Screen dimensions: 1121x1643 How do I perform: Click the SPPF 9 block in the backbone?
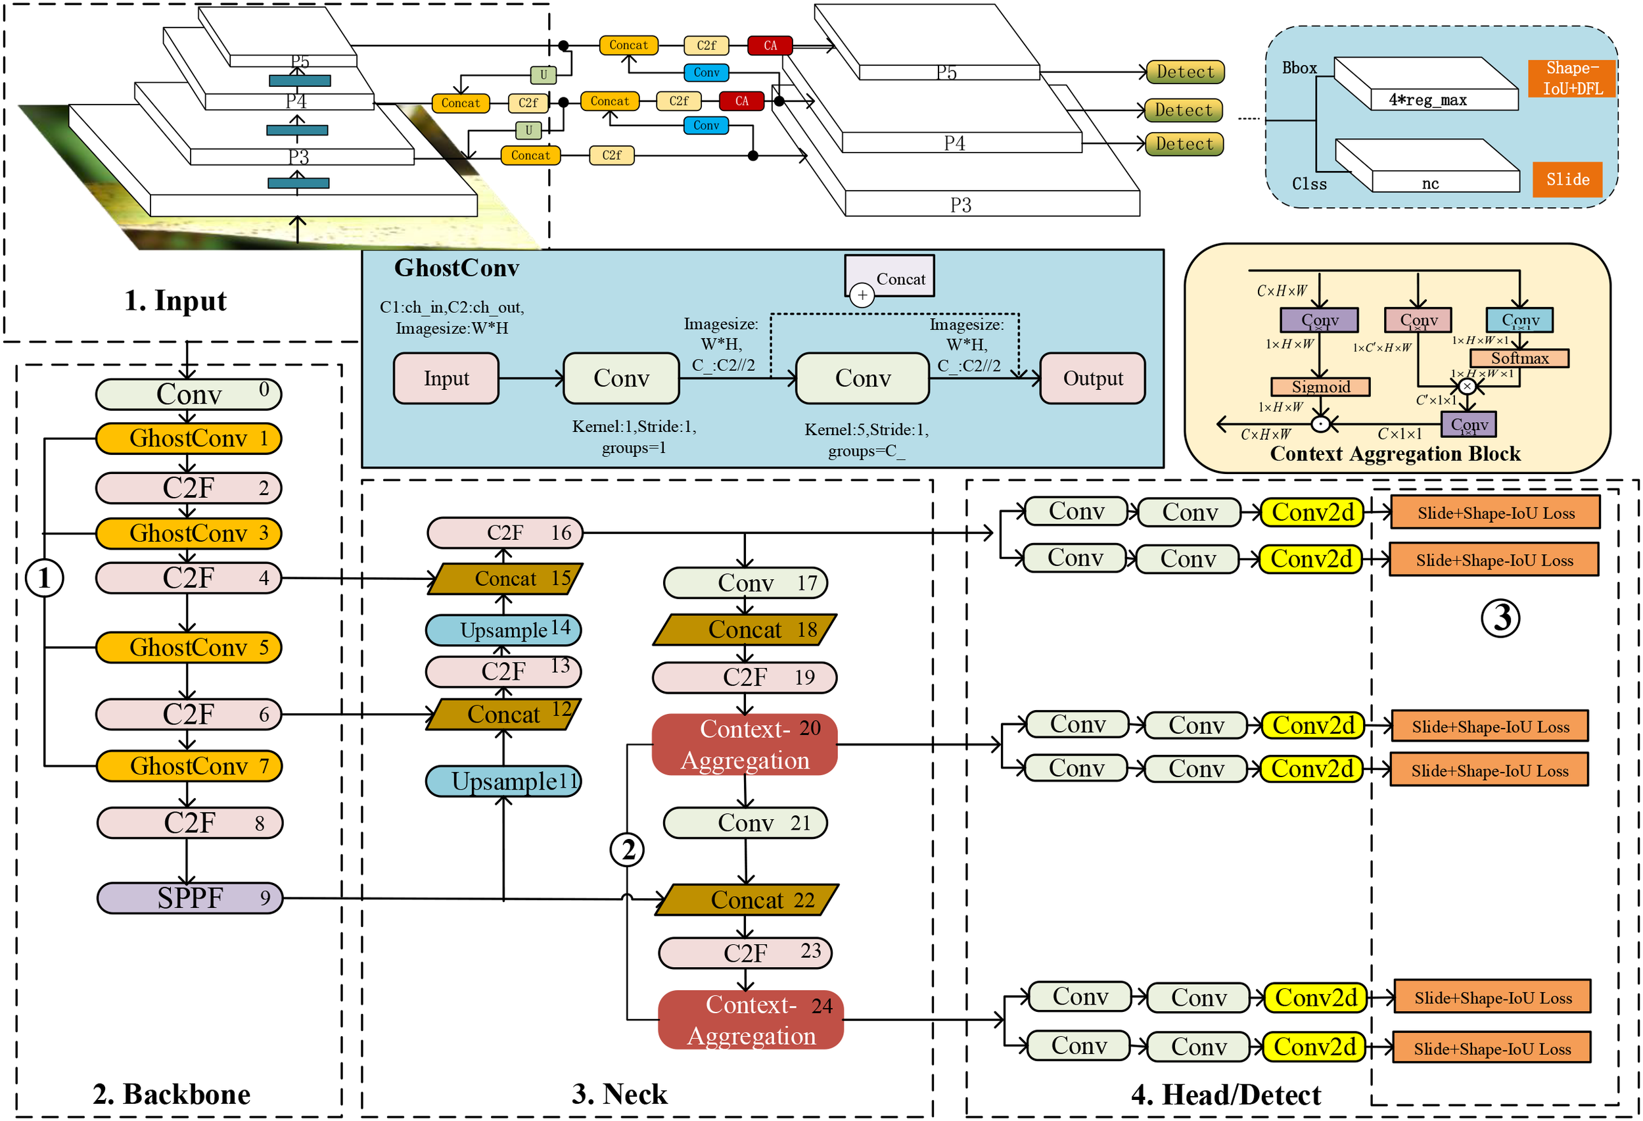(189, 897)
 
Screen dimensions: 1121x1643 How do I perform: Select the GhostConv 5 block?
(189, 647)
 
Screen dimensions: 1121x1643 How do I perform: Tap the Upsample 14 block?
(503, 629)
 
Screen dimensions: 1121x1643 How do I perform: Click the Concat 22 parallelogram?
(747, 899)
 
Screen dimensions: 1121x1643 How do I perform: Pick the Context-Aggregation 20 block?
(745, 745)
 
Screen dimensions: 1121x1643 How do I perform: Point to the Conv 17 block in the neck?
(745, 583)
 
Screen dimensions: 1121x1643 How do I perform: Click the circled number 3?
(1500, 617)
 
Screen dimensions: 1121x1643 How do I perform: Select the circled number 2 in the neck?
(627, 849)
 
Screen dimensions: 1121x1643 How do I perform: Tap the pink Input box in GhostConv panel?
(446, 379)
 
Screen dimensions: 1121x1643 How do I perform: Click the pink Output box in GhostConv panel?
(1092, 379)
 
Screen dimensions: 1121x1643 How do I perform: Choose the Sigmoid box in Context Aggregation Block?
(1320, 387)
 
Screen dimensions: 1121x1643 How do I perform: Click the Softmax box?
(1519, 358)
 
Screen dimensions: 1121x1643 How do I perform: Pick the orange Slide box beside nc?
(1567, 179)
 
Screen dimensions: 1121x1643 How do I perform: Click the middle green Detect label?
(1184, 110)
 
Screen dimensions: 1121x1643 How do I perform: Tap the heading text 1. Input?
(175, 300)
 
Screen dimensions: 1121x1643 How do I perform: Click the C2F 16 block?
(505, 533)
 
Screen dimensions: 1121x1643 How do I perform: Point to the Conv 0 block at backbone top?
(189, 394)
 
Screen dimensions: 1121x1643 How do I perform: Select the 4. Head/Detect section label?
(1225, 1095)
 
